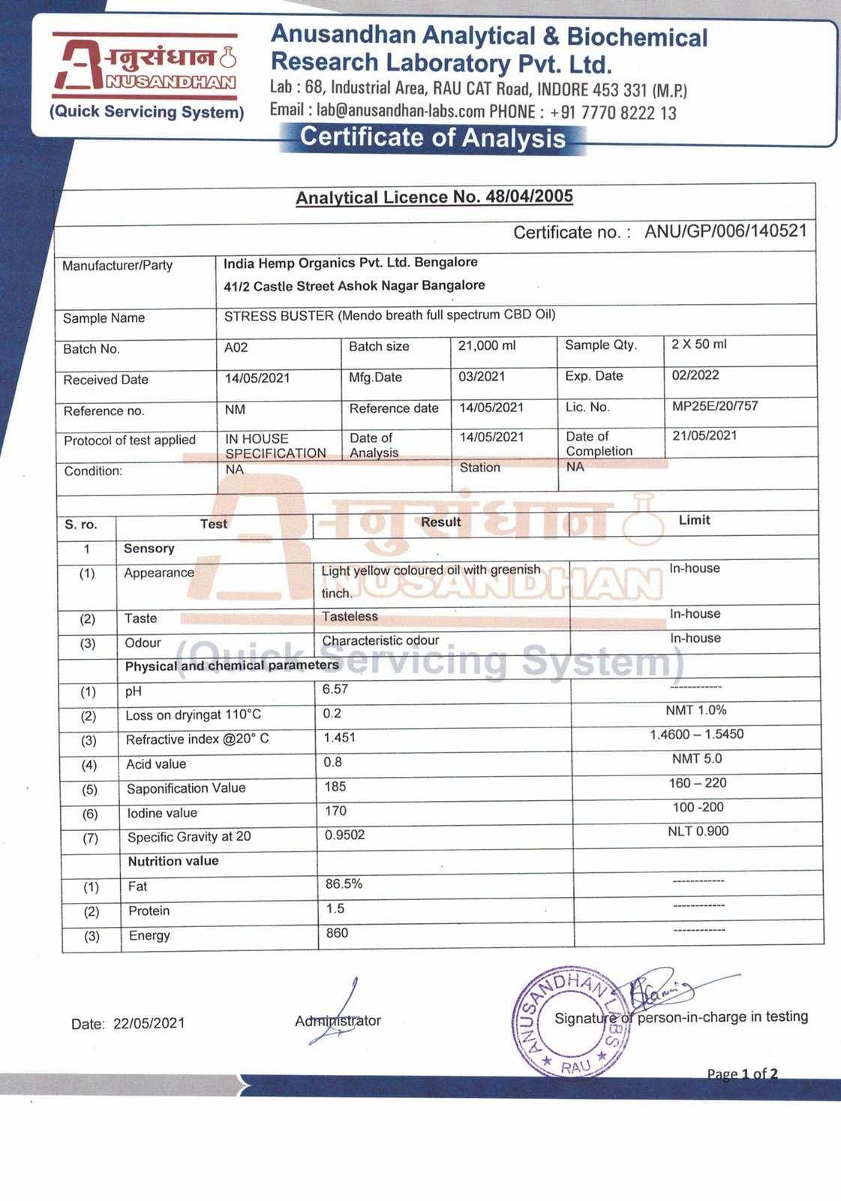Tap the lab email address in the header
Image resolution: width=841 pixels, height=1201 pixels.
coord(401,111)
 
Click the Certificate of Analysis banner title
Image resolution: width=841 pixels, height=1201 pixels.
coord(433,138)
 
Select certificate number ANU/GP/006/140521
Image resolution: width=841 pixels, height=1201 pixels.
coord(725,230)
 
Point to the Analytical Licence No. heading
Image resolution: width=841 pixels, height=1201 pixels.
coord(434,197)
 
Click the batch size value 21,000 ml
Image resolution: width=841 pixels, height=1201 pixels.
coord(487,345)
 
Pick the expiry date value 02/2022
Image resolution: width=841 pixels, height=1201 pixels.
coord(695,375)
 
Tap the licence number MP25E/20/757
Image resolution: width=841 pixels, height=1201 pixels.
coord(714,406)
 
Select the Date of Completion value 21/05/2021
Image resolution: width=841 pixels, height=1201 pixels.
coord(704,435)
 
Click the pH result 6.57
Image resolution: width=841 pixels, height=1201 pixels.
coord(335,689)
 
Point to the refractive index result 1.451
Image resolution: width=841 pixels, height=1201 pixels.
coord(339,738)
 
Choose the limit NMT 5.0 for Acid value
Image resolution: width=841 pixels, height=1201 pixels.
coord(697,759)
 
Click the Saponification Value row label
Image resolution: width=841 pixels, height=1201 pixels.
coord(186,788)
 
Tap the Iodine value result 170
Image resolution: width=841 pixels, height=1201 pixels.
coord(335,811)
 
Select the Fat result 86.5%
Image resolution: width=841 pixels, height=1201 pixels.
coord(344,884)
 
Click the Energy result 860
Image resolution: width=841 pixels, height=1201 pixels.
coord(337,933)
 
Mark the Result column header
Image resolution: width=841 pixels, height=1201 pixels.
coord(440,522)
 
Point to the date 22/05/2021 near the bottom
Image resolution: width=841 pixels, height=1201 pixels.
coord(149,1023)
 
